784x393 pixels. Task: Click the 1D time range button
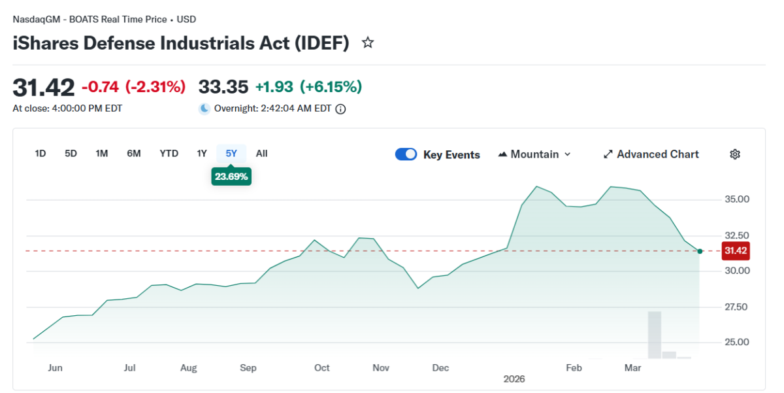[41, 154]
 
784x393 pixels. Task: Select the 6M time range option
[134, 154]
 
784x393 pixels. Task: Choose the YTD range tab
[169, 154]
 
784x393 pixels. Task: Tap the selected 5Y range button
[231, 154]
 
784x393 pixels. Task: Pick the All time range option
[261, 154]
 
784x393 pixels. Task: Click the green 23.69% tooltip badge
[231, 176]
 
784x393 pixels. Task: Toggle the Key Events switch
[406, 154]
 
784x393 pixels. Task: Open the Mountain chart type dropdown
[534, 154]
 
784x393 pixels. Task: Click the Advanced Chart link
[651, 154]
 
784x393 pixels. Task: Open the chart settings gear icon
[735, 154]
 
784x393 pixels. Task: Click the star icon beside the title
[368, 43]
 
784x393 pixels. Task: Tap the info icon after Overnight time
[340, 109]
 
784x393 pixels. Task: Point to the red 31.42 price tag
[735, 250]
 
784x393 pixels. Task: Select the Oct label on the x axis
[322, 368]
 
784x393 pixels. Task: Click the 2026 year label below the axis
[514, 379]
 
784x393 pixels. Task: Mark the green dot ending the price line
[700, 251]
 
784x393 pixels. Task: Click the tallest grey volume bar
[654, 335]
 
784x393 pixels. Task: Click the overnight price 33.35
[223, 86]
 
